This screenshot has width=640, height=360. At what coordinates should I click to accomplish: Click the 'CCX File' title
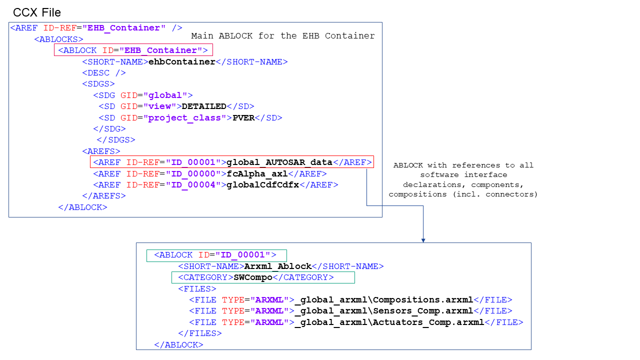(37, 12)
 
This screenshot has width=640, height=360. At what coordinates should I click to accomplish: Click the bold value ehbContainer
(182, 62)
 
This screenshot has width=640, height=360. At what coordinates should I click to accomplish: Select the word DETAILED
(204, 106)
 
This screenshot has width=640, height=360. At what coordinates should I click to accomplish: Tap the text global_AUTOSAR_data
(279, 162)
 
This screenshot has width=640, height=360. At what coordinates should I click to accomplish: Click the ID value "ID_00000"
(193, 173)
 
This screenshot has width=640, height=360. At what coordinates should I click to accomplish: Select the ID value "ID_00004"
(193, 184)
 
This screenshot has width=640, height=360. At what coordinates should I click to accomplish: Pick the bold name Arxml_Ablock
(277, 266)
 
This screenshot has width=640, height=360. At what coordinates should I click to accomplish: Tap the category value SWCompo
(253, 277)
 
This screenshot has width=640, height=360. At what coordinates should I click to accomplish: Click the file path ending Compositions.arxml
(383, 300)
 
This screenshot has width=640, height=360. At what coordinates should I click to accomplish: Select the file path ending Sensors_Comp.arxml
(383, 311)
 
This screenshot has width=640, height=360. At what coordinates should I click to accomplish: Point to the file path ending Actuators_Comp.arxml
(389, 322)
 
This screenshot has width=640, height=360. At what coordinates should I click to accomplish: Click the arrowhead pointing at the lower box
(423, 240)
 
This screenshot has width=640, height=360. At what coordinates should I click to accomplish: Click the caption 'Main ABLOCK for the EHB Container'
(283, 36)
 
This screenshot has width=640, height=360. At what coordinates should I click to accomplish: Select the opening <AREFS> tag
(101, 151)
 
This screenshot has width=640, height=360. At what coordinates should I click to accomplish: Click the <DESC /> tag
(104, 73)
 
